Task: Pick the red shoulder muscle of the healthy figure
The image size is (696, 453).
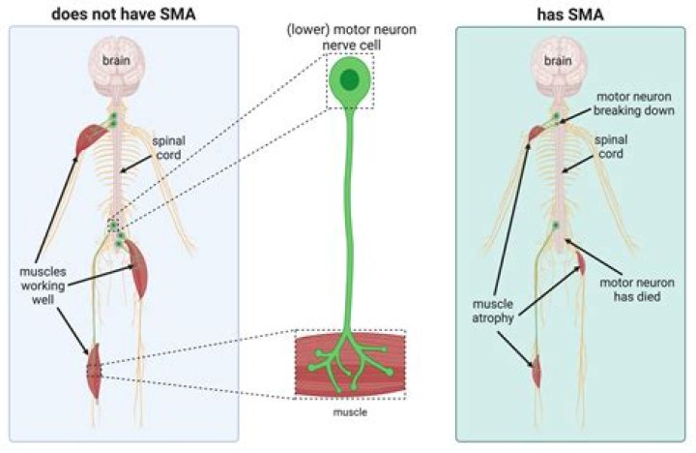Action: pos(90,136)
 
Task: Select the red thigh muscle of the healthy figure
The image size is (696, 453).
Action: pos(135,270)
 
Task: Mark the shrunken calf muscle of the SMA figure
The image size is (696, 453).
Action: pos(535,368)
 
